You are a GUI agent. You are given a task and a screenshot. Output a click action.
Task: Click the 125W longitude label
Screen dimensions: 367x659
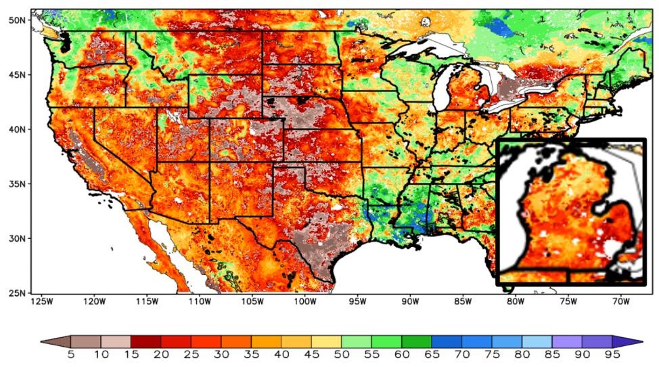(41, 301)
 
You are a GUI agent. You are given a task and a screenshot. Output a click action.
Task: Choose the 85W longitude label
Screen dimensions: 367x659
(463, 301)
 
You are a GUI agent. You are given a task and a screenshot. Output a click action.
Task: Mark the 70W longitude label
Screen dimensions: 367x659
(620, 301)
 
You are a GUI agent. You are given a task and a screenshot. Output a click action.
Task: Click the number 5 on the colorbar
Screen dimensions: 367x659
(70, 353)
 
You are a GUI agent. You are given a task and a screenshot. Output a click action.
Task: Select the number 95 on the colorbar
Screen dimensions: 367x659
(612, 353)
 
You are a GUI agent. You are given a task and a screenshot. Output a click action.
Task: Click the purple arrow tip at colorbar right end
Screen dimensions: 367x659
(632, 341)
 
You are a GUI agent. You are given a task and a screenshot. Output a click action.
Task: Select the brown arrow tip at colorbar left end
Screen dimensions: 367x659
(51, 341)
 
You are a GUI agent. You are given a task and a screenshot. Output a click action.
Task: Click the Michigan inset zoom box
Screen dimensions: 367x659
(572, 211)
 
